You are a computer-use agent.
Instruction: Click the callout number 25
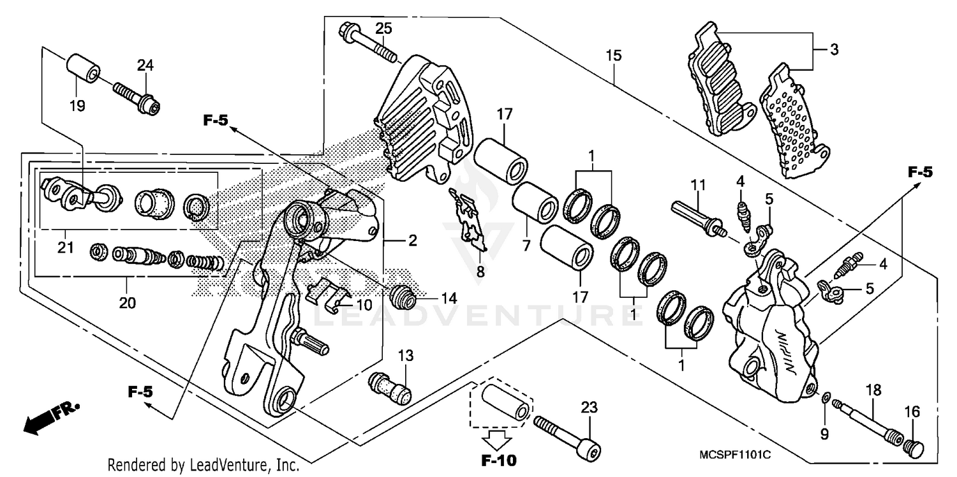click(x=383, y=28)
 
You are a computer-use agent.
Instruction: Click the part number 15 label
click(x=613, y=56)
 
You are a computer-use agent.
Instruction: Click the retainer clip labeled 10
click(x=328, y=295)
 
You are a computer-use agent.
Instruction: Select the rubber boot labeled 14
click(x=402, y=295)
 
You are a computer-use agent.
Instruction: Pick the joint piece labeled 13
click(x=389, y=386)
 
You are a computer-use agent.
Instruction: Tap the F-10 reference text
click(x=500, y=460)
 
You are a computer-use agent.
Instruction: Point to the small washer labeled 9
click(x=826, y=399)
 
